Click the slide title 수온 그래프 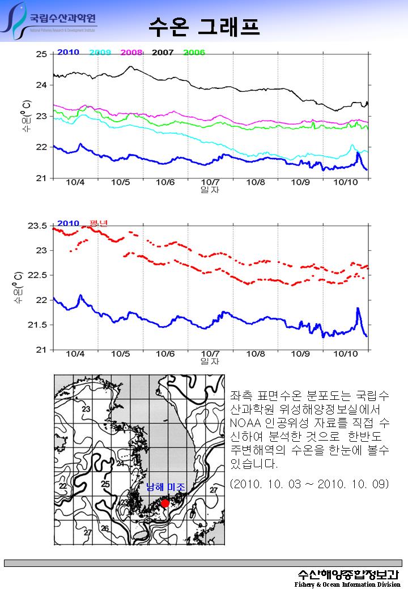pyautogui.click(x=204, y=25)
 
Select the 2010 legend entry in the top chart pyautogui.click(x=68, y=52)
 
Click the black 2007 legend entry pyautogui.click(x=163, y=52)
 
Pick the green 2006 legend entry pyautogui.click(x=194, y=52)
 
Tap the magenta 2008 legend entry pyautogui.click(x=131, y=52)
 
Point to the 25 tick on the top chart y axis pyautogui.click(x=41, y=54)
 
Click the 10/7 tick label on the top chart pyautogui.click(x=210, y=182)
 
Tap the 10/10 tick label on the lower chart pyautogui.click(x=346, y=354)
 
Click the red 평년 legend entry pyautogui.click(x=99, y=224)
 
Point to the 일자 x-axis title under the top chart pyautogui.click(x=210, y=190)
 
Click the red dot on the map pyautogui.click(x=165, y=503)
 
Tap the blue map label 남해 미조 pyautogui.click(x=165, y=487)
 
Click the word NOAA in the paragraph pyautogui.click(x=245, y=422)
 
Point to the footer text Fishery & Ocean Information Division pyautogui.click(x=347, y=584)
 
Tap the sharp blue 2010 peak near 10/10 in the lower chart pyautogui.click(x=358, y=309)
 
